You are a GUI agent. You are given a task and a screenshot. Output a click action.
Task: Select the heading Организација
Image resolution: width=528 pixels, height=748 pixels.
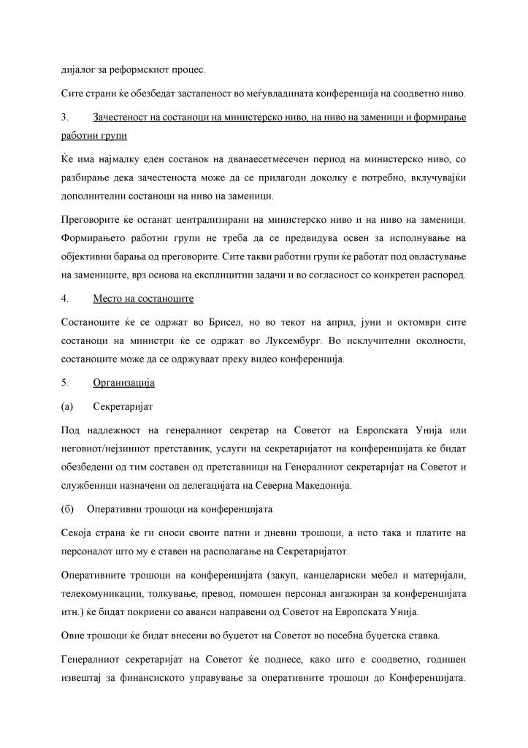[x=124, y=382]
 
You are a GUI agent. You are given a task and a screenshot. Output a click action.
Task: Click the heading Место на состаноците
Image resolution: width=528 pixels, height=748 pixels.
[x=143, y=298]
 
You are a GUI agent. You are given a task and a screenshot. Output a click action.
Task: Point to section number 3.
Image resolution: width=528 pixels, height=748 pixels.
[x=64, y=117]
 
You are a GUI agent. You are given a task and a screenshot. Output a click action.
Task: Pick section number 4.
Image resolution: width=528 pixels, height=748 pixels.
[x=64, y=298]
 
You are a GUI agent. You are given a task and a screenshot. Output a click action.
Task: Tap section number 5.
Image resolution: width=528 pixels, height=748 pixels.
[x=64, y=382]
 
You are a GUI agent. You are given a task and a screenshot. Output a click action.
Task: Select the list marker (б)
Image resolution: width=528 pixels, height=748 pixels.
[x=67, y=508]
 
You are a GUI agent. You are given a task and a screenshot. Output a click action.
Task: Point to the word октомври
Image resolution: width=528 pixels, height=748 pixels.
[x=419, y=321]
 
